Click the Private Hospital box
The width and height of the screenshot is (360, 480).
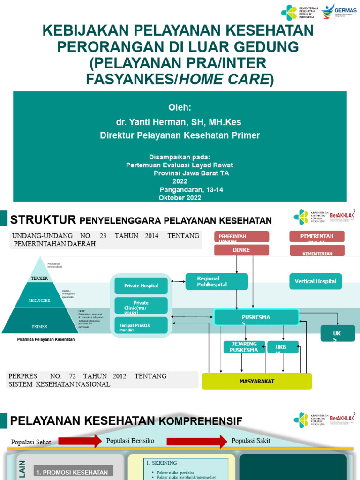141,285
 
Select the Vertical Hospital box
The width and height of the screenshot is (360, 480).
315,281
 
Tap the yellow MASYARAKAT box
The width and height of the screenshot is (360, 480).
256,381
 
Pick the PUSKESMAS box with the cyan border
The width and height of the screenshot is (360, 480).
256,317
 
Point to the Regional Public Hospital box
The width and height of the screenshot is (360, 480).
217,281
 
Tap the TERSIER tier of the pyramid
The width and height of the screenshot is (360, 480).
39,278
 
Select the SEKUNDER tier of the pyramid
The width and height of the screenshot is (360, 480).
39,300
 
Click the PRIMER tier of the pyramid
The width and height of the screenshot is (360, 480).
39,326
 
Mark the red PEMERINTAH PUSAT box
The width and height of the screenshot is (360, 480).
316,237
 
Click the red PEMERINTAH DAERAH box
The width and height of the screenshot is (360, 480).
241,237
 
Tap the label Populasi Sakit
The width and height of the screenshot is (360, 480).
251,441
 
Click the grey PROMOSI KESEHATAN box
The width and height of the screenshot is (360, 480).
72,472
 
